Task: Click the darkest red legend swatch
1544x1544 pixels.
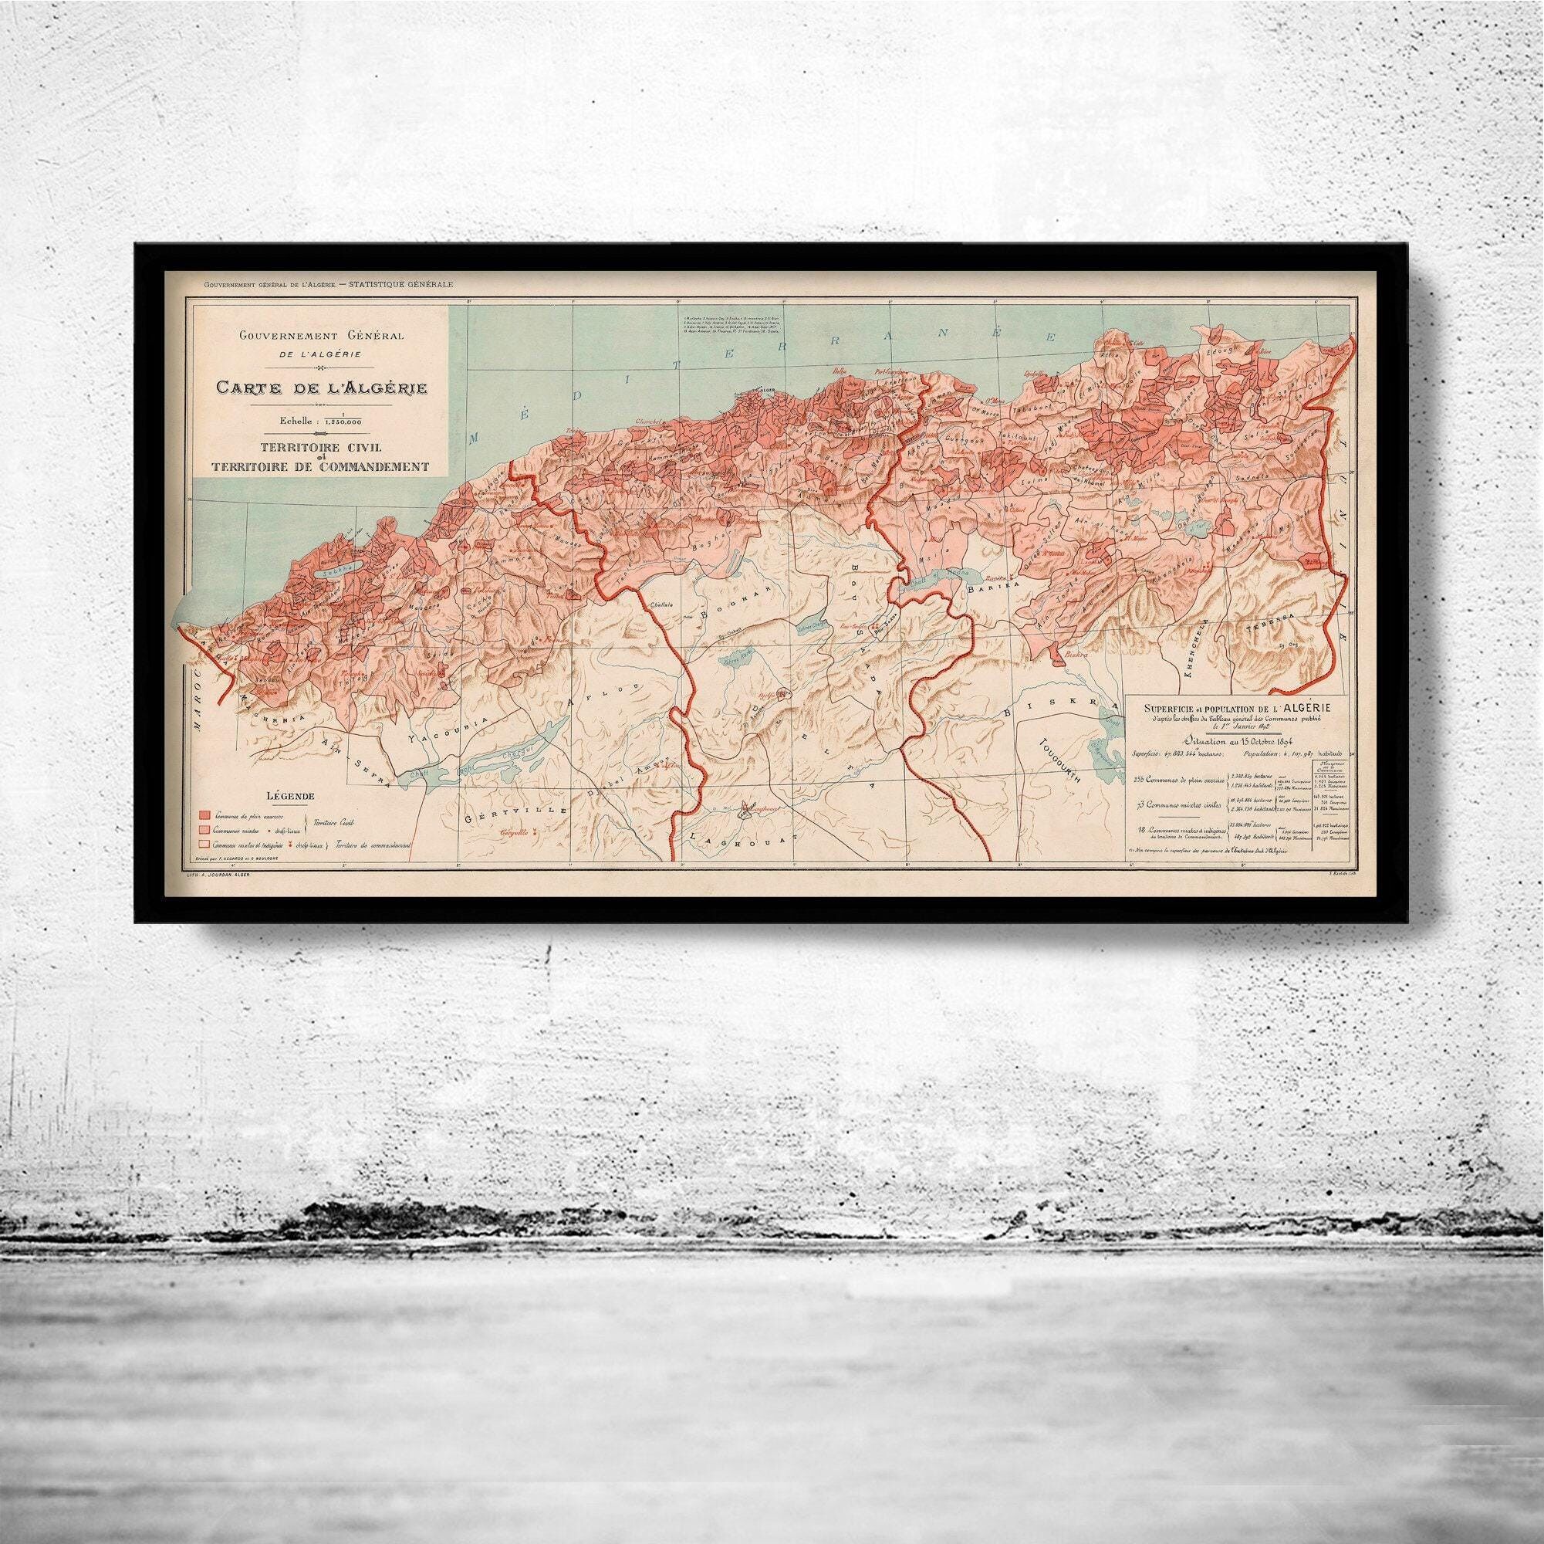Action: pyautogui.click(x=205, y=814)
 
